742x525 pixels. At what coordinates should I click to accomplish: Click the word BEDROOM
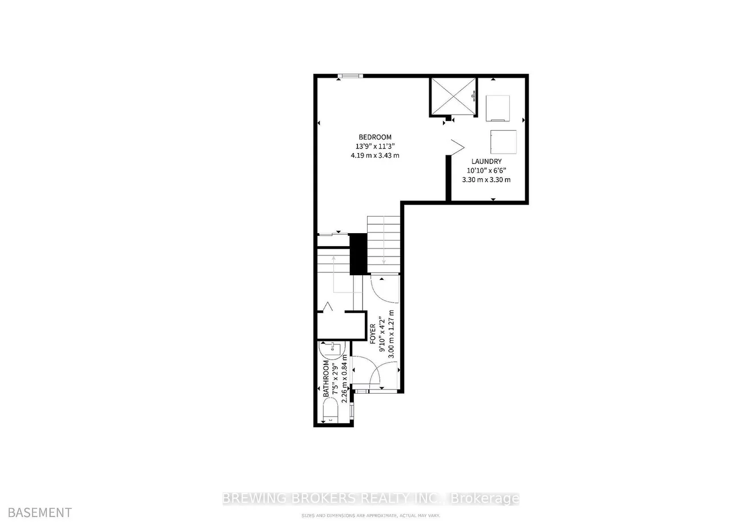click(374, 137)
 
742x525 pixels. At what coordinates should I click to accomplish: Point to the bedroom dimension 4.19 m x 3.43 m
click(374, 155)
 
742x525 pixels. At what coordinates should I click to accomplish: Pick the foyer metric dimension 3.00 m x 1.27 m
click(392, 334)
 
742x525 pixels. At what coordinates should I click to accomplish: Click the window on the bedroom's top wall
click(348, 75)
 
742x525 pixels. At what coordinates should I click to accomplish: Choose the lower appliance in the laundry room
click(503, 141)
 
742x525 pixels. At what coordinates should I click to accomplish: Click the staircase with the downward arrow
click(384, 243)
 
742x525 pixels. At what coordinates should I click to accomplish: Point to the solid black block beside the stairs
click(358, 254)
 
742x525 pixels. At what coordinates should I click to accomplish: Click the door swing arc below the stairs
click(384, 288)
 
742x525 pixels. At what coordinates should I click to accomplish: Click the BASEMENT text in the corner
click(36, 512)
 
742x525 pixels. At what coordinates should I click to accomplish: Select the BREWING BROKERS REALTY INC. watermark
click(371, 498)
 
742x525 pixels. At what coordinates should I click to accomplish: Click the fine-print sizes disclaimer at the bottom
click(371, 516)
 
